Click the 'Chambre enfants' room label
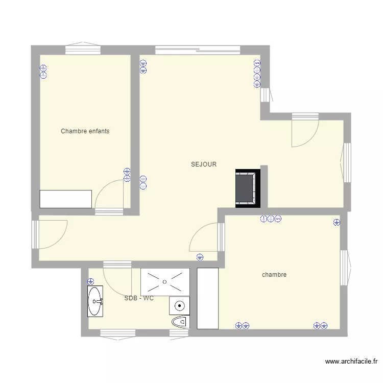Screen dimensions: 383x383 click(x=85, y=131)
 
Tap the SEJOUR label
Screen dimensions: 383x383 click(x=204, y=164)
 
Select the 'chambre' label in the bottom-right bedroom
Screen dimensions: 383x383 click(x=274, y=275)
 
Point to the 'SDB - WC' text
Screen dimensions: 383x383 click(x=139, y=298)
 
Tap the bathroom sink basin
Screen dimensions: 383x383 click(x=95, y=301)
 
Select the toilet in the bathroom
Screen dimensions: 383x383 click(x=179, y=323)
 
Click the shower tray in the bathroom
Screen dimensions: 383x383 click(x=164, y=281)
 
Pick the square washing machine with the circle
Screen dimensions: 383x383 click(x=179, y=306)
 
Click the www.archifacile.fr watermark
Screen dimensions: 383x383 click(x=351, y=362)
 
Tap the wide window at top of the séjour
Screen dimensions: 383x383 click(x=198, y=50)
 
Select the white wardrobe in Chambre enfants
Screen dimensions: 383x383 click(x=66, y=199)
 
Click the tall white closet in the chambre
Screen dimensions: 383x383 click(x=208, y=299)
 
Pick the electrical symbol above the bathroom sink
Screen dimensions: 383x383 click(x=91, y=281)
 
